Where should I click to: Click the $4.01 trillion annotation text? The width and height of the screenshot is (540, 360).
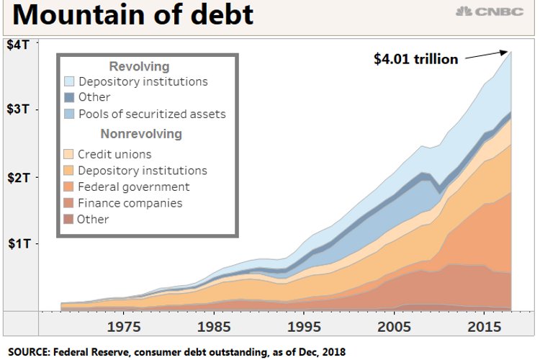[415, 59]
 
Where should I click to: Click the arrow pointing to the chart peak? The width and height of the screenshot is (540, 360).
[487, 55]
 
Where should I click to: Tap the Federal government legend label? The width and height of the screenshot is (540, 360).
[134, 187]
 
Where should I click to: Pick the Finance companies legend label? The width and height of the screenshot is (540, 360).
[130, 203]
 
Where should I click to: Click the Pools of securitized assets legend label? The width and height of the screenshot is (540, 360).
[152, 114]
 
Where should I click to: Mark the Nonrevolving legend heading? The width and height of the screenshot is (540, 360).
[141, 134]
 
